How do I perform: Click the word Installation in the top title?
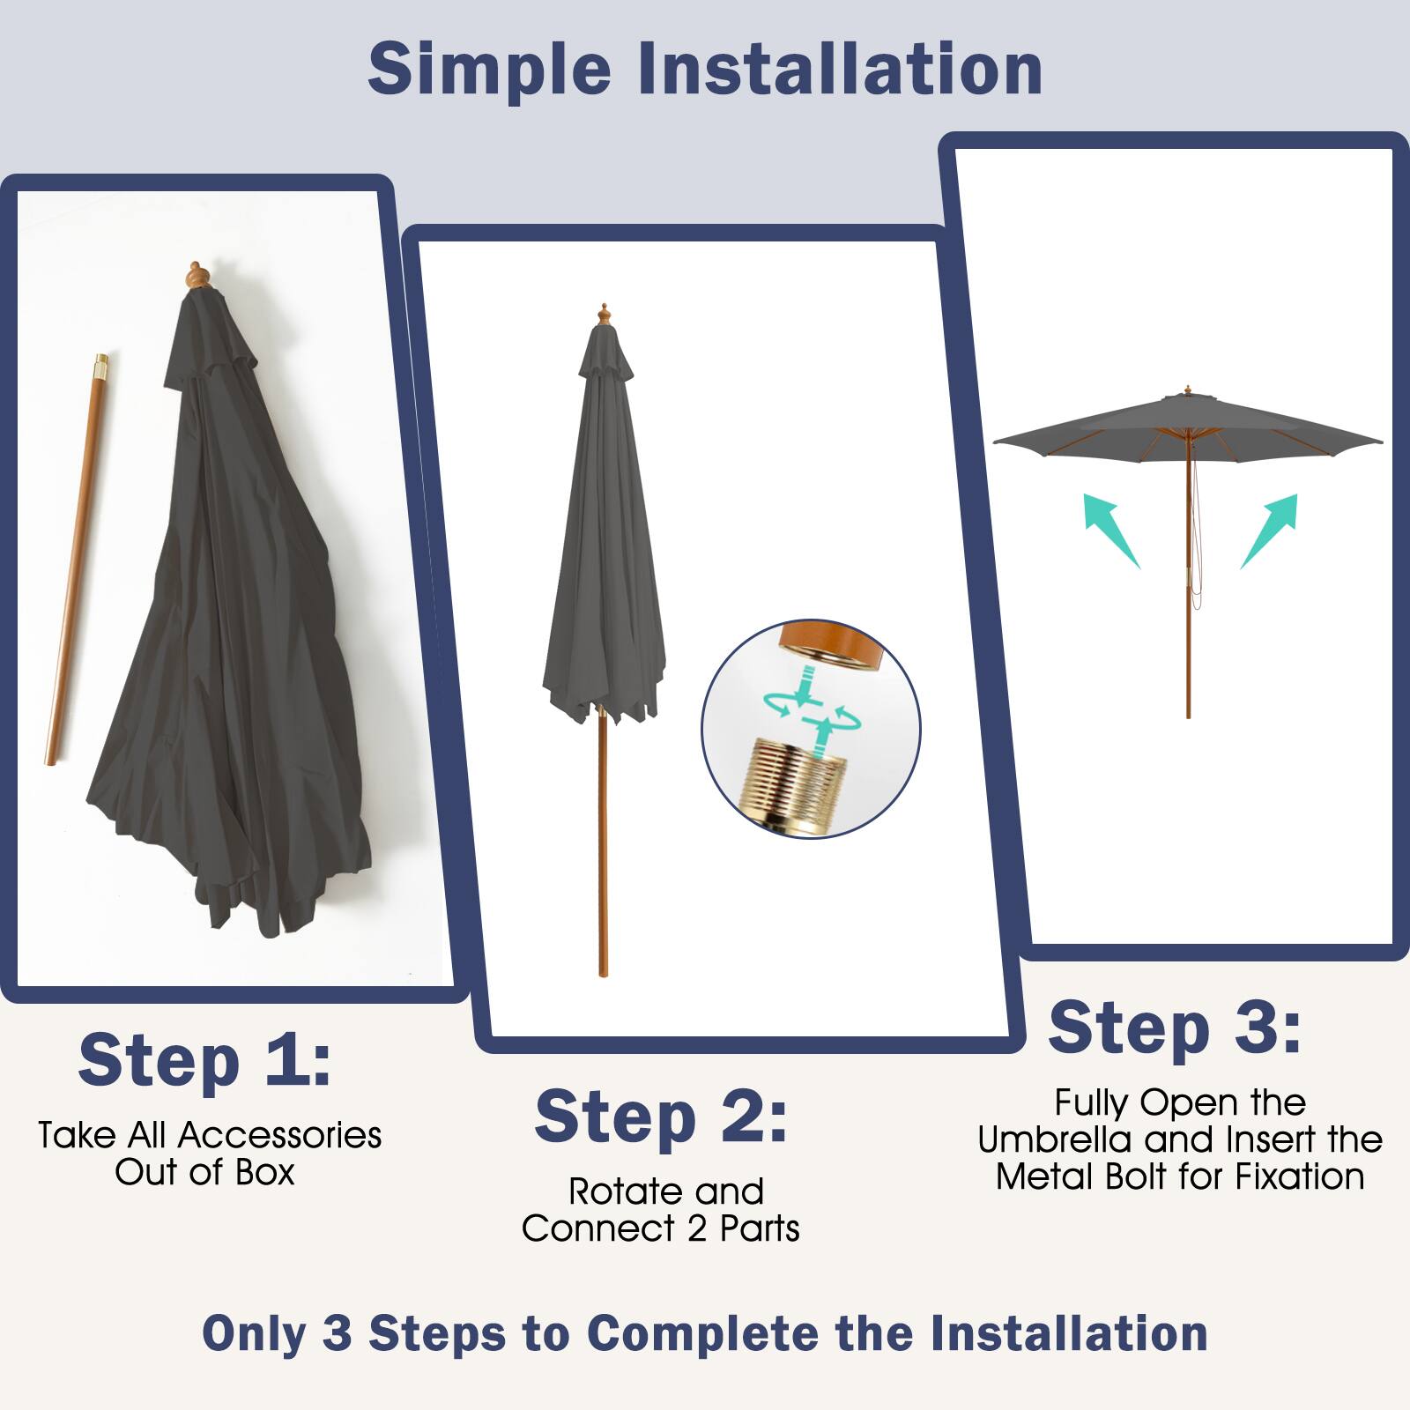click(839, 69)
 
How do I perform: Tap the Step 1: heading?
click(204, 1060)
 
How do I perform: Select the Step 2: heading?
click(661, 1117)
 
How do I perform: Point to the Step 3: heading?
click(1175, 1028)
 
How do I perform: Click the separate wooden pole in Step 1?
click(76, 564)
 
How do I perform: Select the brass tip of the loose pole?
click(101, 362)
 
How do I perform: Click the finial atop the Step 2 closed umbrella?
click(604, 315)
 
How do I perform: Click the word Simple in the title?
click(489, 69)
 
